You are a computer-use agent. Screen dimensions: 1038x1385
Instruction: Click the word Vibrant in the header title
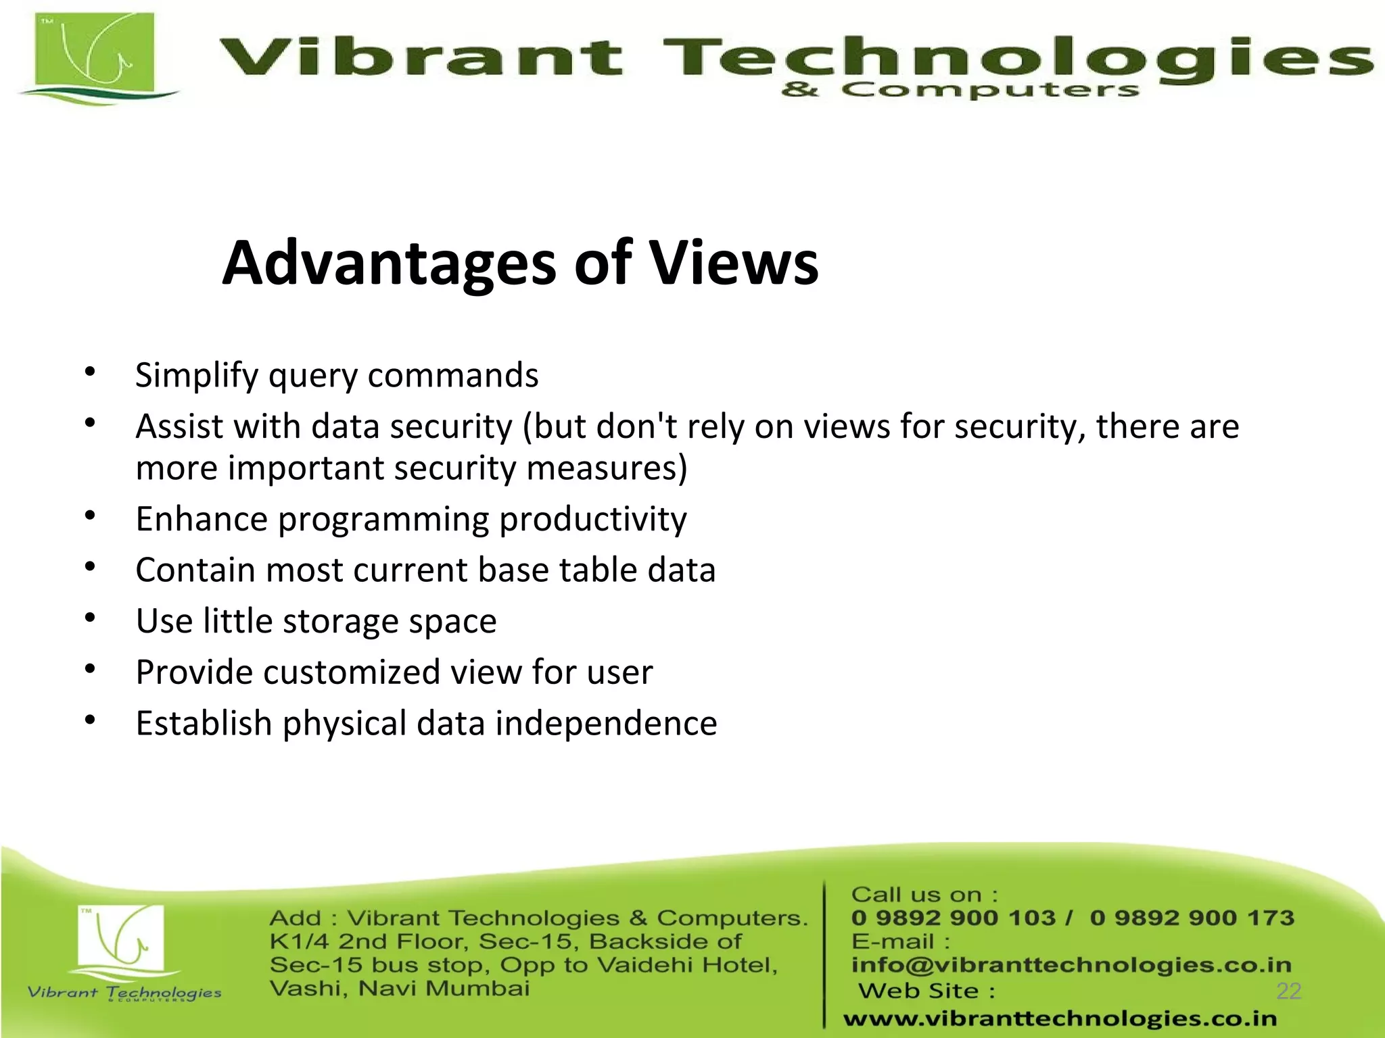point(419,57)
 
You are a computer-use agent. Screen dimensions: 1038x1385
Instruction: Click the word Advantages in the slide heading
point(389,264)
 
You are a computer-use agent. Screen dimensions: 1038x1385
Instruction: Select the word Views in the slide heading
point(734,264)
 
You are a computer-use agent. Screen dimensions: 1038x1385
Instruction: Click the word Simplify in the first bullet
point(196,376)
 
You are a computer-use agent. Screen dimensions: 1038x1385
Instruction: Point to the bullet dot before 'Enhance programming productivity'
point(91,516)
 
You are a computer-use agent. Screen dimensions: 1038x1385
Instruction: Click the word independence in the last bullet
point(606,723)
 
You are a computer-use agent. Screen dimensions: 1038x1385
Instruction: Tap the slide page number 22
point(1288,991)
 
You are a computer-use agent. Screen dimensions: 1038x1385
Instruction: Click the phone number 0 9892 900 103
point(953,918)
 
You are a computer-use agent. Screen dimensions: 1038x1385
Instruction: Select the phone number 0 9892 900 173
point(1192,918)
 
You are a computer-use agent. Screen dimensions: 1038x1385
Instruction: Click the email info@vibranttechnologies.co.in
point(1071,964)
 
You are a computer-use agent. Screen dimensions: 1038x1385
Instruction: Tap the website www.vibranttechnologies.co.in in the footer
point(1060,1018)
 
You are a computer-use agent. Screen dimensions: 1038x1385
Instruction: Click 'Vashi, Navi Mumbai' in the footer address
point(399,989)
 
